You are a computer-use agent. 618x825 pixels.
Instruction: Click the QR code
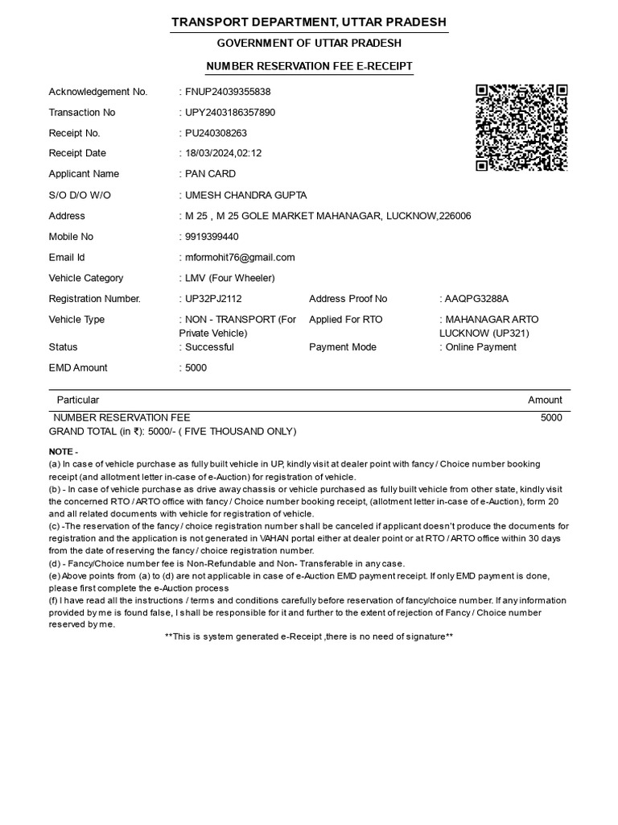tap(521, 127)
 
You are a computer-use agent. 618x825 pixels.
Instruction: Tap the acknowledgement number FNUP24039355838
tap(228, 92)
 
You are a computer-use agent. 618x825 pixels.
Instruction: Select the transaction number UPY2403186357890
tap(230, 113)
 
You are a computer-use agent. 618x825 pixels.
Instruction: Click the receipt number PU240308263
tap(216, 133)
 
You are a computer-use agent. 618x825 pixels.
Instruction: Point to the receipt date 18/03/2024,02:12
tap(223, 153)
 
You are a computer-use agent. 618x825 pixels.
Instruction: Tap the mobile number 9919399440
tap(212, 237)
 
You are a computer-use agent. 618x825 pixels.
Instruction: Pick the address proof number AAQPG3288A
tap(476, 299)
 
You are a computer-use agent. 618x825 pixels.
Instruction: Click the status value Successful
tap(209, 347)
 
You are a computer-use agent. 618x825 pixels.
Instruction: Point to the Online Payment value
tap(480, 347)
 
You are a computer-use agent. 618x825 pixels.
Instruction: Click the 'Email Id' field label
tap(67, 258)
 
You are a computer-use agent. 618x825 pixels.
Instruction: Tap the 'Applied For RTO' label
tap(346, 320)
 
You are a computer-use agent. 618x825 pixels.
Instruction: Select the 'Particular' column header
tap(78, 400)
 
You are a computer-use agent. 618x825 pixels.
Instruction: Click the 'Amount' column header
tap(545, 400)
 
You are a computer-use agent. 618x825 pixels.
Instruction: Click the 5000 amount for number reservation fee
tap(551, 418)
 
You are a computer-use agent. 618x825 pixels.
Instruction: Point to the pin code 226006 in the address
tap(455, 216)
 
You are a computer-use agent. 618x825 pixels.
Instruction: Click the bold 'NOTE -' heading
tap(64, 452)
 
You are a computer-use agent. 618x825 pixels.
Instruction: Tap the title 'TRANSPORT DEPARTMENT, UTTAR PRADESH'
tap(309, 22)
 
